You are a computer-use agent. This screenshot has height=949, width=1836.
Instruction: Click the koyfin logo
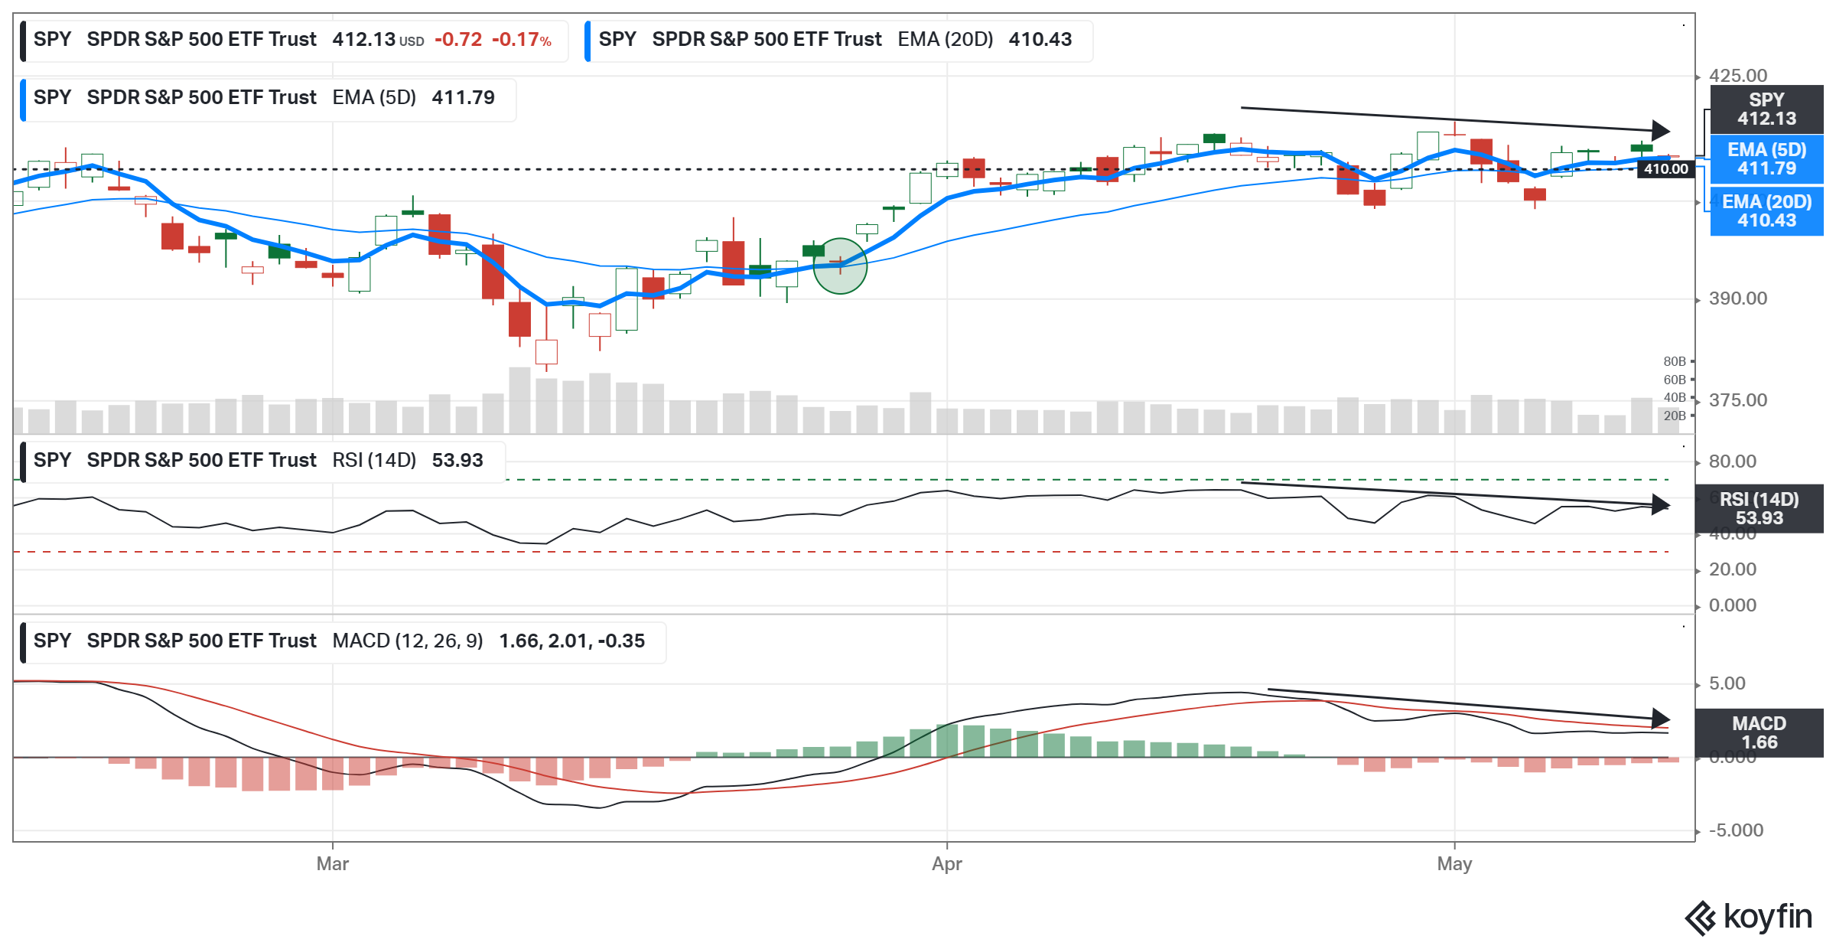1748,917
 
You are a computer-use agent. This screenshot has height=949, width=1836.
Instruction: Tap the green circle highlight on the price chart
840,266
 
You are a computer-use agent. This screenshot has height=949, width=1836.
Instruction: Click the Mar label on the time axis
332,864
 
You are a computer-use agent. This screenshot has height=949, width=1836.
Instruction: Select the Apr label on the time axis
946,864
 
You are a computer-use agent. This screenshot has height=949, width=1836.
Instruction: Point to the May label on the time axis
1454,864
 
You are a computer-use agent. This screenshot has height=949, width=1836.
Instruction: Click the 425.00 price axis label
1738,76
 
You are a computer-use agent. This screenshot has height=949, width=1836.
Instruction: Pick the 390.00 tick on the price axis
1738,298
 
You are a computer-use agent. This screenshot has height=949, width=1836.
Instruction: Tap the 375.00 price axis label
1738,400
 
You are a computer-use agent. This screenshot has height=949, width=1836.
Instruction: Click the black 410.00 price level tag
1665,169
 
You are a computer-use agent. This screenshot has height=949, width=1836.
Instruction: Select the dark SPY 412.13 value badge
1766,109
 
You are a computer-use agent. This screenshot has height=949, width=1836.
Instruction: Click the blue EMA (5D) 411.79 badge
1766,159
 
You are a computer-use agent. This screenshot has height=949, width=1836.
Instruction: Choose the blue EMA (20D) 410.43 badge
1766,211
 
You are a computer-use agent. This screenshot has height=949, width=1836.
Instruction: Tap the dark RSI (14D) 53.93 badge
1759,509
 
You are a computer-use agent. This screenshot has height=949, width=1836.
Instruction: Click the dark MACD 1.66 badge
1759,733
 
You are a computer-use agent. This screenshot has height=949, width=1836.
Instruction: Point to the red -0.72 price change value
458,40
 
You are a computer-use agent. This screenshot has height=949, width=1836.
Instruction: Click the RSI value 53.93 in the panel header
457,460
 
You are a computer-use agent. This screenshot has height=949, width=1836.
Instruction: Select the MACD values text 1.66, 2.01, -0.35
571,641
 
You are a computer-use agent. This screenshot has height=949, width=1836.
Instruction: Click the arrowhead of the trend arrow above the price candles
1660,130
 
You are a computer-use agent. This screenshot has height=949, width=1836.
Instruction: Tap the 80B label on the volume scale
1674,361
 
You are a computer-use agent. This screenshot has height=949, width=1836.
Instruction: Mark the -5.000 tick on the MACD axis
1736,830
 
